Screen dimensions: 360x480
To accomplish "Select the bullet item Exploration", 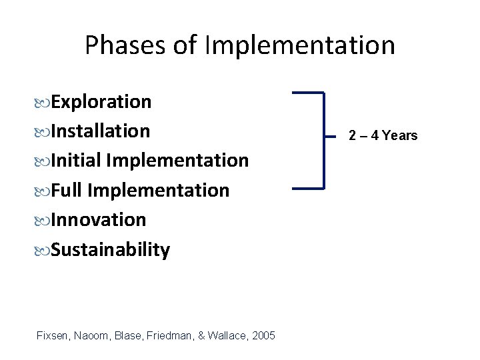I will [x=101, y=102].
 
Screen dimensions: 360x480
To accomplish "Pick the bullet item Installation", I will [x=100, y=131].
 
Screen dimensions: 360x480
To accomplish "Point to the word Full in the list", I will [x=67, y=191].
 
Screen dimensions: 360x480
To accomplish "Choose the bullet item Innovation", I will [x=98, y=220].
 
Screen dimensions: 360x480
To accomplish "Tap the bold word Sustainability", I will [x=110, y=250].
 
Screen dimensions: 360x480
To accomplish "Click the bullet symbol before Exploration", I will [x=44, y=103].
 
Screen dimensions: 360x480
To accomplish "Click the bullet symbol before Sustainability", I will [x=44, y=251].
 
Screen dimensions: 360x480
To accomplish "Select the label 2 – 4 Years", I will [x=383, y=136].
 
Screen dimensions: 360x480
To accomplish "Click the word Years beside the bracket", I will [x=400, y=136].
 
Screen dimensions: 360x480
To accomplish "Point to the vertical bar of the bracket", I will [x=323, y=141].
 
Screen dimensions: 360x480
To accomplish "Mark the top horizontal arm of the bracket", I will [x=308, y=93].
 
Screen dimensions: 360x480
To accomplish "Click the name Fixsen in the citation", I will [x=53, y=335].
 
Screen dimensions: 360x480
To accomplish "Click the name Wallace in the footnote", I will [x=225, y=335].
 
